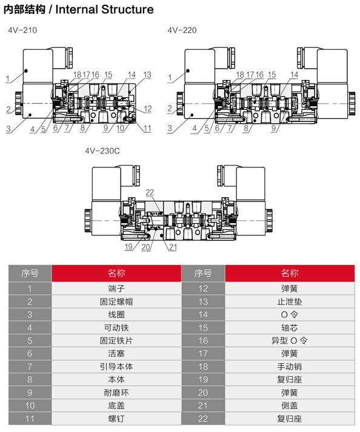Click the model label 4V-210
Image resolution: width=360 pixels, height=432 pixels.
click(22, 30)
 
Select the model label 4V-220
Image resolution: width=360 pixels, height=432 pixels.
click(182, 30)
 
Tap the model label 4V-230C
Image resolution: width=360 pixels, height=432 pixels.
click(102, 151)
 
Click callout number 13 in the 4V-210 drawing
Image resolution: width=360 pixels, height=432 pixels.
click(147, 75)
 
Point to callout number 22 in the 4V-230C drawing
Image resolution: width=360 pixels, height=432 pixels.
click(150, 192)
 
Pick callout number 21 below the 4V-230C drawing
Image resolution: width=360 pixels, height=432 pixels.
click(173, 247)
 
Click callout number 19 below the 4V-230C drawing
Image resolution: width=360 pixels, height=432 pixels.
click(128, 246)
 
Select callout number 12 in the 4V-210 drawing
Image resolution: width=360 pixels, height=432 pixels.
click(147, 109)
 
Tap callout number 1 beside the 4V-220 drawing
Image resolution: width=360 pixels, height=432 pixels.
click(170, 78)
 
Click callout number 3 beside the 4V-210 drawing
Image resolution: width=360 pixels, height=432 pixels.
click(8, 129)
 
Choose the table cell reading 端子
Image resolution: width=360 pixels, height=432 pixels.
click(116, 288)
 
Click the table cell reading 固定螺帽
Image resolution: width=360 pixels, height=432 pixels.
click(116, 302)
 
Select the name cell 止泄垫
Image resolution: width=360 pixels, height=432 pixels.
click(290, 302)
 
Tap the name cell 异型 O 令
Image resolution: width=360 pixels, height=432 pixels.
click(290, 340)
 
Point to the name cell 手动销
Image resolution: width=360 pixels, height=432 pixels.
click(290, 366)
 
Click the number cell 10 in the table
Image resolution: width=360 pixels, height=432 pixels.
click(30, 405)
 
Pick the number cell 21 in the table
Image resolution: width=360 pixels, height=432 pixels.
click(203, 405)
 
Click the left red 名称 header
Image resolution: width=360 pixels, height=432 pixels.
click(116, 273)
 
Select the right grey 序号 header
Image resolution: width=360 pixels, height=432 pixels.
click(203, 273)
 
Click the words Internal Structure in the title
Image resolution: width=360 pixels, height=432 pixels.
click(105, 9)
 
